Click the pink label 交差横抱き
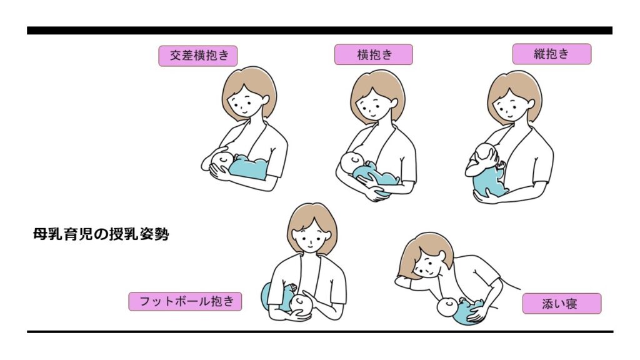(198, 56)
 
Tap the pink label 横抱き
(374, 54)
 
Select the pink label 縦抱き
(552, 54)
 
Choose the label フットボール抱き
(185, 302)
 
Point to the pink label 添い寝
(562, 304)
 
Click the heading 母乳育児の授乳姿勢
(101, 234)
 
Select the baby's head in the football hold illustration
(301, 304)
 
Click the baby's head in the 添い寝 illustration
(447, 307)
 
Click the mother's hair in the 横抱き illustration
(378, 87)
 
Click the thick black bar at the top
(319, 31)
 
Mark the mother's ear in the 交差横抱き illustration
(265, 100)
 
